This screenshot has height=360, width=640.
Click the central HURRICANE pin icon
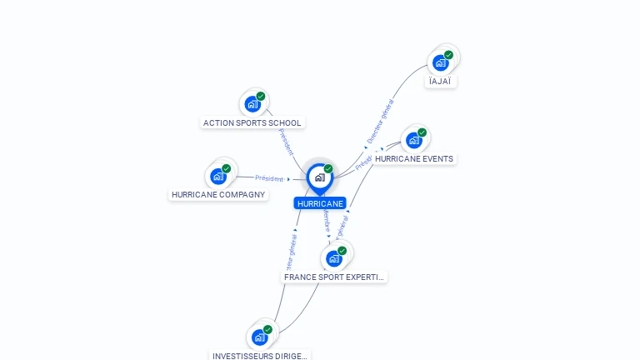(319, 177)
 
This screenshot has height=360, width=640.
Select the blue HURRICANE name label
(320, 203)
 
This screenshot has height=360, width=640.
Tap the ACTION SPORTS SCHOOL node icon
(252, 104)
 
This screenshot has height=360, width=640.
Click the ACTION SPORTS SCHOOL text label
(252, 123)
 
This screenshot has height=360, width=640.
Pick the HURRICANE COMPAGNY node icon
(218, 176)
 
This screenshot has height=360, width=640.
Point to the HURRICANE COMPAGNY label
(218, 195)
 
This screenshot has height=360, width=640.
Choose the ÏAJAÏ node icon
(441, 62)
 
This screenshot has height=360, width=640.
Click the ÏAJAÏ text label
(442, 82)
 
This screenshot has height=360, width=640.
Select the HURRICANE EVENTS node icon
(414, 140)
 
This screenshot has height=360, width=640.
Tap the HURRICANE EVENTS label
(414, 159)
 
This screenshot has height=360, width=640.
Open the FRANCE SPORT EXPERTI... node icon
(334, 258)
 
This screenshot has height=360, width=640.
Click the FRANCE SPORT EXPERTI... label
(334, 277)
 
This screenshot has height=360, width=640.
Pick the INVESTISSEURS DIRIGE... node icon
(260, 337)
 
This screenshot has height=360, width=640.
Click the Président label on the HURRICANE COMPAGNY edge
(269, 178)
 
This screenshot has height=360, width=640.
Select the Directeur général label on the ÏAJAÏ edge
(380, 122)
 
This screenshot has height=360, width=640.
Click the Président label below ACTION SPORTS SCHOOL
(286, 142)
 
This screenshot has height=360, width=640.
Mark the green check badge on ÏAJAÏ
(448, 55)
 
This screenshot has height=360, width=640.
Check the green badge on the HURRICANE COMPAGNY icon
(226, 168)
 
